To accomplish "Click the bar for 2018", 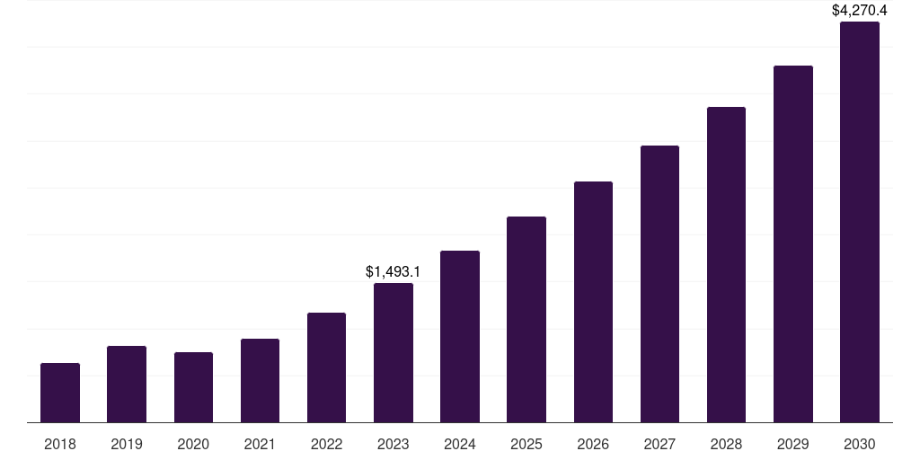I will pos(60,393).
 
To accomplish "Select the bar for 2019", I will pos(127,384).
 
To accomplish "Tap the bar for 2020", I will pos(193,387).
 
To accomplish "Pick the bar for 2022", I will pos(326,367).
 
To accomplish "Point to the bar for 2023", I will pos(394,352).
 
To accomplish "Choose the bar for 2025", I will pos(526,319).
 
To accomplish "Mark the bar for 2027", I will pos(659,284).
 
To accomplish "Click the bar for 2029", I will pos(792,243).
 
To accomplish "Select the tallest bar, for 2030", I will pos(860,222).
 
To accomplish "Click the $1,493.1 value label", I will pos(394,271).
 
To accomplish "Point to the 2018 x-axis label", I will pos(60,444).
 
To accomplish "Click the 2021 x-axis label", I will pos(260,444).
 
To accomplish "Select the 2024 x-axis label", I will pos(460,444).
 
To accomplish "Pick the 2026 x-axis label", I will pos(593,444).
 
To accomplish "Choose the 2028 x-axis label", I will pos(726,444).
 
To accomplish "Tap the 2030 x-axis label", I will pos(860,444).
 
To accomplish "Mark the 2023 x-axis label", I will pos(394,444).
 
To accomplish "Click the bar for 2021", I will pos(260,380).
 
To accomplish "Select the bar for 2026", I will pos(593,302).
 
